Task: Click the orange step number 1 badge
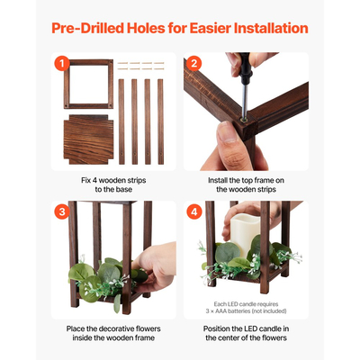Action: coord(62,64)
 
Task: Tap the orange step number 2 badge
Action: coord(194,64)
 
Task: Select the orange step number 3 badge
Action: coord(62,211)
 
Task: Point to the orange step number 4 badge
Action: coord(194,211)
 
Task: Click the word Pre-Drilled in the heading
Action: coord(87,28)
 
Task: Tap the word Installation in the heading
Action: coord(271,28)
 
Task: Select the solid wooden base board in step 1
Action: coord(88,139)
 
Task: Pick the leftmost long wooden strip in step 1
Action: coord(121,121)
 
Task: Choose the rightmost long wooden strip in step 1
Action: coord(161,121)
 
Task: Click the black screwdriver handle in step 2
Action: coord(245,68)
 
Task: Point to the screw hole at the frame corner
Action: coord(244,120)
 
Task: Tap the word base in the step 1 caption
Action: coord(124,190)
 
